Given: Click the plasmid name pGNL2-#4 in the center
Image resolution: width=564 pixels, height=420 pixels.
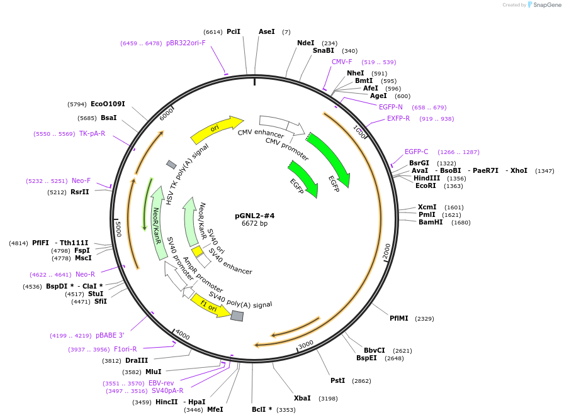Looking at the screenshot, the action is coord(255,216).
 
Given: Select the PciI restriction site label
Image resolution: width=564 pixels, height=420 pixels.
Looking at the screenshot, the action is coord(234,31).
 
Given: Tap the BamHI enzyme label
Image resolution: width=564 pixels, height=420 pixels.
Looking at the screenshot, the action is coord(431,222).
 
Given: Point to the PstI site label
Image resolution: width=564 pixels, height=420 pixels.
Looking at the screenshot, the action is coord(338,380).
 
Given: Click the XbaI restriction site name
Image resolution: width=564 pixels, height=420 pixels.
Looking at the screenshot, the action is coord(302,398).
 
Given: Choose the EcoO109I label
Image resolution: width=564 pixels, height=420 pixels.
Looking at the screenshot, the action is coord(108,104).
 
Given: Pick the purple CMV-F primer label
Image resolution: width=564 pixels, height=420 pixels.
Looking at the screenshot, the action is coord(342,62).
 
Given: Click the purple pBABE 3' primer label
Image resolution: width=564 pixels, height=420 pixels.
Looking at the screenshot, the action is coord(110,335).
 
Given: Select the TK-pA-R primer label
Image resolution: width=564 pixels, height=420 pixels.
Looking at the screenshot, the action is coord(92,134).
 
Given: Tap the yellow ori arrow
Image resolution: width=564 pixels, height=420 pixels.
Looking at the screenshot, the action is coord(217,129).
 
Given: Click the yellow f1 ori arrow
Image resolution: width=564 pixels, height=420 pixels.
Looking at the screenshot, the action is coord(210,306).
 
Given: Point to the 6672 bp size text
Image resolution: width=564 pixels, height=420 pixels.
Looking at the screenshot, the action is coord(255,223).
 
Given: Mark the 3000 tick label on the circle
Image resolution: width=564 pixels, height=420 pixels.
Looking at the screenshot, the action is coord(306,345).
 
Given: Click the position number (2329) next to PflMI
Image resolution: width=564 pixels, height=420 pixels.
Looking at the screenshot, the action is coord(424,319).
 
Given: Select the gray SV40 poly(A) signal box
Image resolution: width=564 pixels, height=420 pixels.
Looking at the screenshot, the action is coord(237,316).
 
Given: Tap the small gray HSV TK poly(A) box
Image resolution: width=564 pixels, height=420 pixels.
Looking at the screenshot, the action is coord(171,165).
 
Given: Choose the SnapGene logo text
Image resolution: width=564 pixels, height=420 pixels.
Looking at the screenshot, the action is coord(547,5).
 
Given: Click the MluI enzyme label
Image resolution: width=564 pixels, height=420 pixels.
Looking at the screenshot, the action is coord(153,372).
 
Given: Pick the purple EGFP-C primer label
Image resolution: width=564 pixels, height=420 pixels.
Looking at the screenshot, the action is coord(417,152).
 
